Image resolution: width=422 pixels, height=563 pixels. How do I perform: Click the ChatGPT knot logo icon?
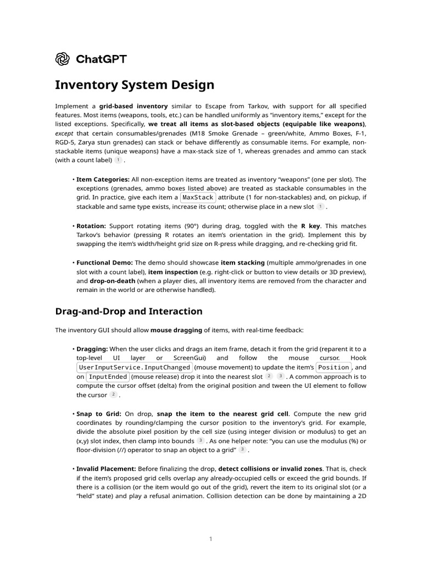coord(62,59)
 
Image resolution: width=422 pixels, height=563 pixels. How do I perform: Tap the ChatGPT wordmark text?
coord(100,59)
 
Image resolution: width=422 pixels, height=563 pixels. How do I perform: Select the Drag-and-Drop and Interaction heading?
coord(129,311)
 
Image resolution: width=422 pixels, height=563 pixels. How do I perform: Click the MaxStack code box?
coord(198,197)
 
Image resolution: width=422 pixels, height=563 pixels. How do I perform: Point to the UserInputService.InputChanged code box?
coord(135,367)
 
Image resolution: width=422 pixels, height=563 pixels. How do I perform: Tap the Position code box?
coord(334,367)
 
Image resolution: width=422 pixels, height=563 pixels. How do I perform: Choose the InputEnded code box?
coord(108,377)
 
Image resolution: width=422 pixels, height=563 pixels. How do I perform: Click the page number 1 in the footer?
coord(210,539)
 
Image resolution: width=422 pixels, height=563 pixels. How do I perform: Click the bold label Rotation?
coord(91,226)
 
